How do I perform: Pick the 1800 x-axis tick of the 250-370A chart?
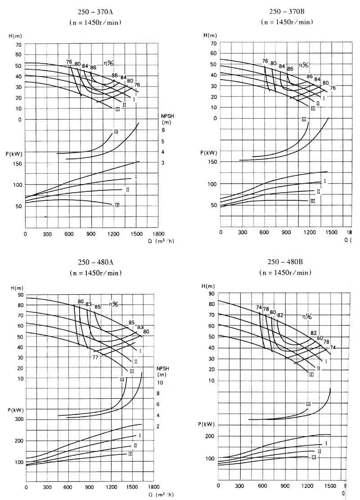click(x=158, y=234)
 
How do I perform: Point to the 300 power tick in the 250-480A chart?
click(x=18, y=419)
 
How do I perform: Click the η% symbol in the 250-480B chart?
click(x=307, y=317)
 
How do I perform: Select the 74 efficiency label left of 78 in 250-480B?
click(x=259, y=307)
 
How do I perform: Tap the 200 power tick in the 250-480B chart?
click(x=210, y=436)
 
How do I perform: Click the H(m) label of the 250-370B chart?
click(x=210, y=35)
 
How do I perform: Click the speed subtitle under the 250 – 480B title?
click(x=285, y=273)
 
